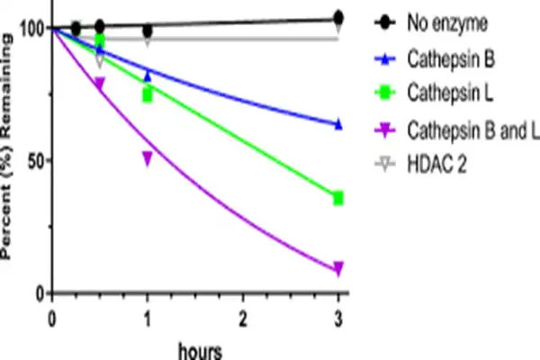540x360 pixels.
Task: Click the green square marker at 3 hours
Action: pyautogui.click(x=338, y=198)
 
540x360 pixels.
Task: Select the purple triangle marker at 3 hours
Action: pyautogui.click(x=338, y=269)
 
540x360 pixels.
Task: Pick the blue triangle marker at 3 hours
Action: pyautogui.click(x=338, y=124)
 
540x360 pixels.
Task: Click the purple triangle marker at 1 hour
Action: pyautogui.click(x=148, y=158)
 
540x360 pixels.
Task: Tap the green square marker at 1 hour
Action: pyautogui.click(x=148, y=94)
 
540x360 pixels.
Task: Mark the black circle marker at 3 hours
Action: pyautogui.click(x=338, y=17)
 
